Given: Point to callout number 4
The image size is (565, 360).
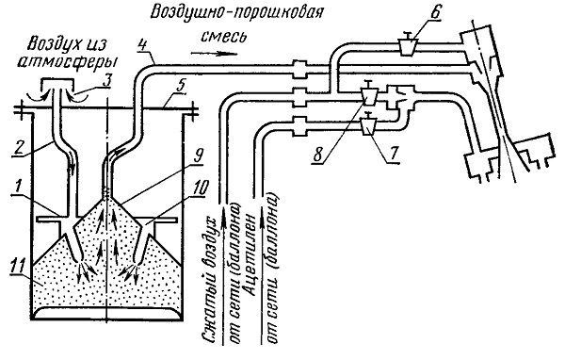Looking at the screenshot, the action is (x=143, y=46).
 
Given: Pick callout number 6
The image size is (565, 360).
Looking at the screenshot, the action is (x=435, y=14).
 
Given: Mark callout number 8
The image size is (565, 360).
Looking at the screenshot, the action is (x=318, y=155).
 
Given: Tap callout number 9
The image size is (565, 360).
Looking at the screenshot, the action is (x=198, y=155).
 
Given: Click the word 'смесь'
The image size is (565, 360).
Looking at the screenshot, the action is (x=224, y=37).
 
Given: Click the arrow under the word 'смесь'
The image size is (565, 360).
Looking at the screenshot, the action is (x=215, y=54).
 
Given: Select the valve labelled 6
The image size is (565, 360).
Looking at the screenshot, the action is (x=409, y=44).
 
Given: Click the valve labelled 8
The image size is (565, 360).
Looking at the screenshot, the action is (x=368, y=94).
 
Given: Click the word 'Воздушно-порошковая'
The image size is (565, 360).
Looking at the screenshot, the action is (x=236, y=13).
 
